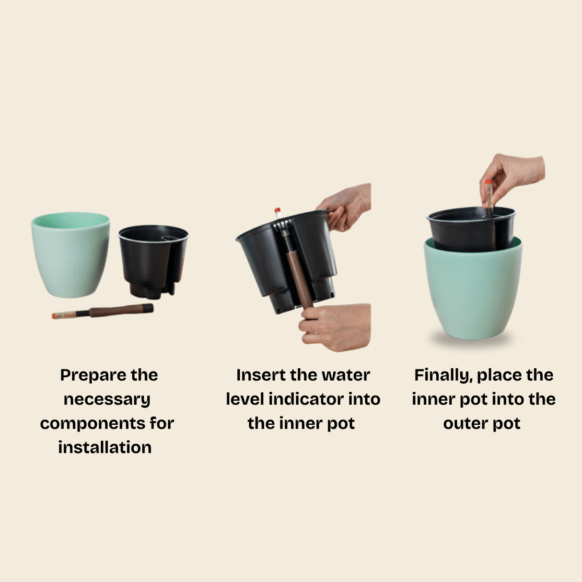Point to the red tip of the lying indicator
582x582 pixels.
tap(54, 316)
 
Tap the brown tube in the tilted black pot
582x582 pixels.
tap(300, 278)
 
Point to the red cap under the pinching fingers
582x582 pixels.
tap(488, 183)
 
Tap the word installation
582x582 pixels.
tap(105, 447)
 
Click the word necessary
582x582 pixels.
tap(107, 399)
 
